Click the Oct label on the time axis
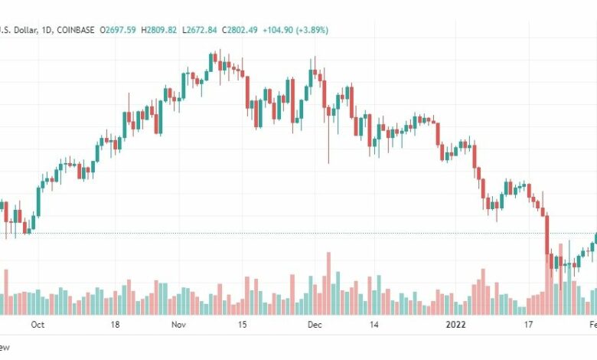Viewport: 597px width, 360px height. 37,325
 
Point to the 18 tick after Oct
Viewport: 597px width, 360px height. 115,325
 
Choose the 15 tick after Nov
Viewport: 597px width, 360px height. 243,325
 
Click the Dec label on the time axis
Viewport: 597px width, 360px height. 314,325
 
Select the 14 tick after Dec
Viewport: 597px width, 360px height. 374,325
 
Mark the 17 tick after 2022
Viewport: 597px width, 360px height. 528,325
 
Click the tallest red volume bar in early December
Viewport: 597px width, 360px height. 328,283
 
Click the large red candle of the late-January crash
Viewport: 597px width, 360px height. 547,234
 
